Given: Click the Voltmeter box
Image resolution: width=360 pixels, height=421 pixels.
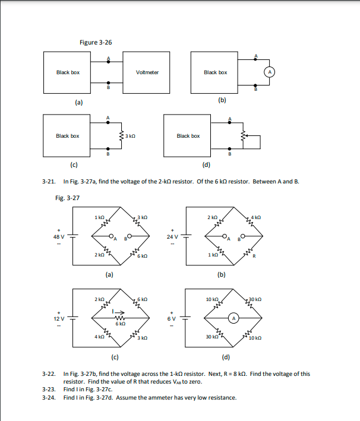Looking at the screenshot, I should (147, 72).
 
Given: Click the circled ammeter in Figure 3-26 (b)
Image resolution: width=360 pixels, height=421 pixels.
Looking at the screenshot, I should (269, 72).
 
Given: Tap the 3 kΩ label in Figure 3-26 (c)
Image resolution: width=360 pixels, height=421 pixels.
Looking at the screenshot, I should (131, 136).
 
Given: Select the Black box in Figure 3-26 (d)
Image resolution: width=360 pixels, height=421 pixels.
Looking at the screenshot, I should (188, 136).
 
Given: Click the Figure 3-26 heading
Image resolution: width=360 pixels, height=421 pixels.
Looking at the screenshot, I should (96, 43).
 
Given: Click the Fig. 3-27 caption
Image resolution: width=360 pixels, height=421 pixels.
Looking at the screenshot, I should (66, 198).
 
